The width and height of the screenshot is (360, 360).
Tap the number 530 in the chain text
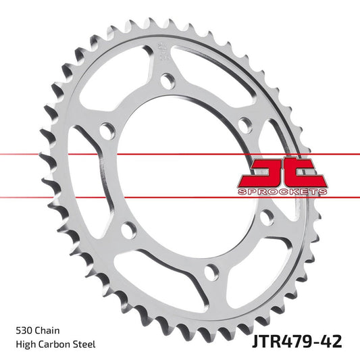pyautogui.click(x=24, y=331)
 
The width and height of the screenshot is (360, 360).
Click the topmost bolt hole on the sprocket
pyautogui.click(x=165, y=84)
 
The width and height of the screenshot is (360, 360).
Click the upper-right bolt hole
pyautogui.click(x=245, y=124)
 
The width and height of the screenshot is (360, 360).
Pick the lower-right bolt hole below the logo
pyautogui.click(x=267, y=217)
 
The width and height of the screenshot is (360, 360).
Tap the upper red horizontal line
pyautogui.click(x=101, y=155)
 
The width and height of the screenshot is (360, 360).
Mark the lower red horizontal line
pyautogui.click(x=101, y=197)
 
